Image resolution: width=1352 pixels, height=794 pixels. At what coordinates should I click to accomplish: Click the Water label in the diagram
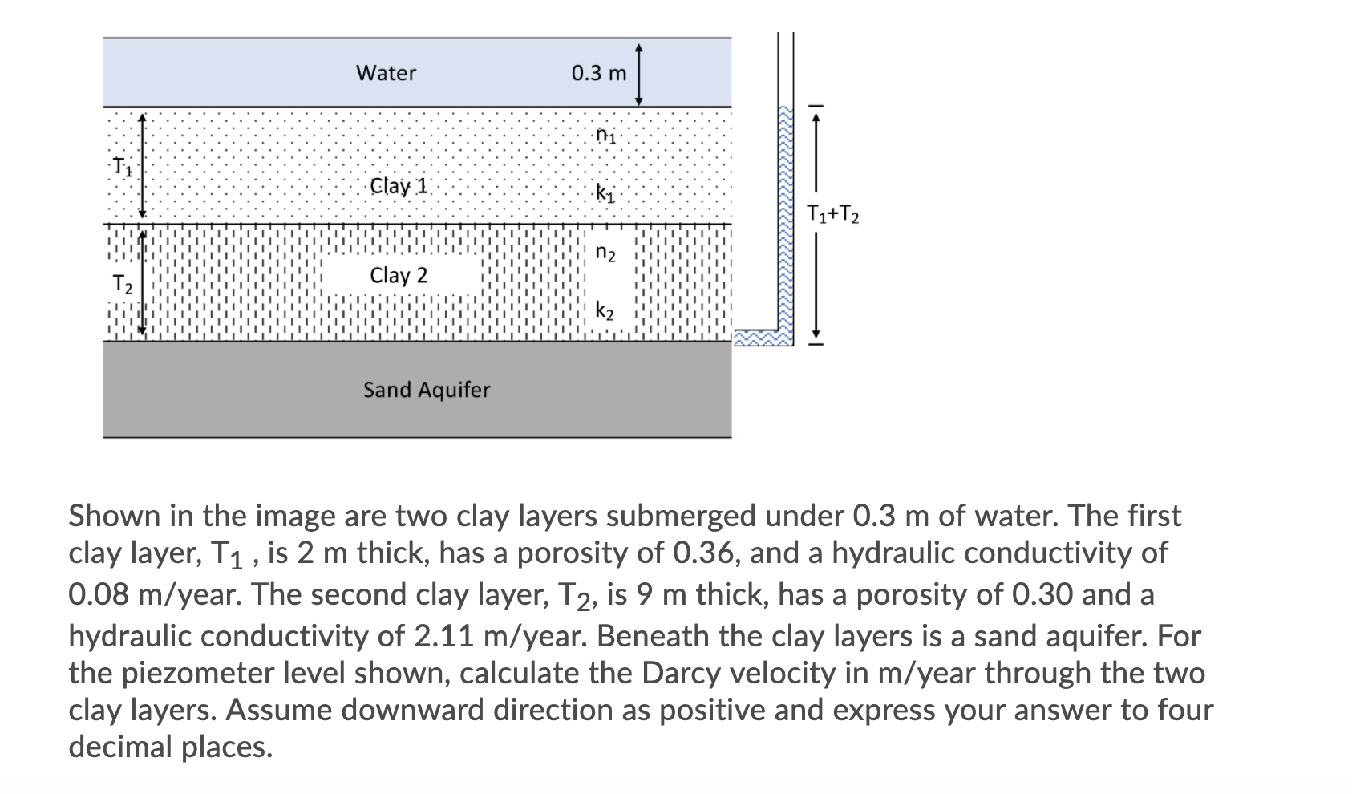click(386, 73)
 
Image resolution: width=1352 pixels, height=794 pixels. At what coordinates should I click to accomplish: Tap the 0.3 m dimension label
click(598, 74)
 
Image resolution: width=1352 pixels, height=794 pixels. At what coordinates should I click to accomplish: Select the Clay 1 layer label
click(399, 186)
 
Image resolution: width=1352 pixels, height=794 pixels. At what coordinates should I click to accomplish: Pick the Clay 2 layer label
click(399, 275)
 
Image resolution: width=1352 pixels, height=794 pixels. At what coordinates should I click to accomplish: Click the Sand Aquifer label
click(426, 390)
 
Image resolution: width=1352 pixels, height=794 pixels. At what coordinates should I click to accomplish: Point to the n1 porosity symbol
click(606, 135)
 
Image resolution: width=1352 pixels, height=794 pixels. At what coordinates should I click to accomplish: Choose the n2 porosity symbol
click(605, 253)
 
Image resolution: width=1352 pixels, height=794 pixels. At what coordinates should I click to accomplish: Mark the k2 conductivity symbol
click(605, 310)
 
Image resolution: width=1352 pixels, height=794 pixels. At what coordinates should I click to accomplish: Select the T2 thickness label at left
click(123, 283)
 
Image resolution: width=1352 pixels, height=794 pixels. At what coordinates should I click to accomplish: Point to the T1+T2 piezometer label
click(832, 214)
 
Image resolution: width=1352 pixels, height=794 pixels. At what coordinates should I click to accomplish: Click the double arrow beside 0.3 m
click(638, 74)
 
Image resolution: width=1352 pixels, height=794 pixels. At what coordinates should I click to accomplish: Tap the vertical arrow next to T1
click(142, 166)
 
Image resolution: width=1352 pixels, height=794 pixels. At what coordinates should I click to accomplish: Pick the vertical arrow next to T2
click(142, 282)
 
